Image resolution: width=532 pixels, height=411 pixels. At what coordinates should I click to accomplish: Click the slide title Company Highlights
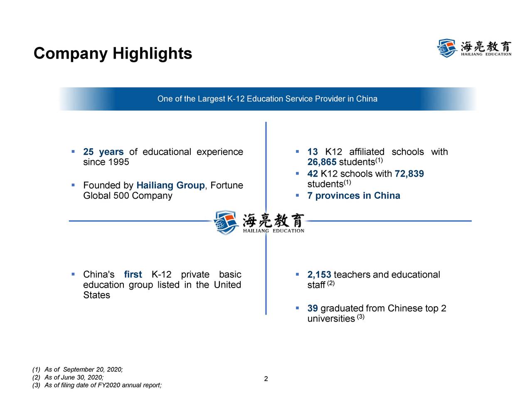(x=113, y=54)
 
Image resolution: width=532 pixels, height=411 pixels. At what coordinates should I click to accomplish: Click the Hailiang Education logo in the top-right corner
(x=474, y=48)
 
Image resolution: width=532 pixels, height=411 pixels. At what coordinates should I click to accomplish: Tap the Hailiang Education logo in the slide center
(x=259, y=222)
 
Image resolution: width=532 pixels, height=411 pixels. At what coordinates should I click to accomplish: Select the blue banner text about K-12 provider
(x=267, y=99)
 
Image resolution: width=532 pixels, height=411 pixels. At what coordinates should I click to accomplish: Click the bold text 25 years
(x=103, y=152)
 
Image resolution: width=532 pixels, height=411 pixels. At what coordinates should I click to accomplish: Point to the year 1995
(x=118, y=162)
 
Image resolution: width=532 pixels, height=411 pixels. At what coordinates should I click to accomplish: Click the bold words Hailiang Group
(x=170, y=185)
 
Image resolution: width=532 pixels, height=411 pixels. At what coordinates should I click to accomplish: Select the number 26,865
(x=322, y=162)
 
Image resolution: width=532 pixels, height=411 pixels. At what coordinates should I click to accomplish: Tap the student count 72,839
(x=409, y=174)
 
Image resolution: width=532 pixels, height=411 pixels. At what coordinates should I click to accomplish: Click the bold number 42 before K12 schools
(x=313, y=174)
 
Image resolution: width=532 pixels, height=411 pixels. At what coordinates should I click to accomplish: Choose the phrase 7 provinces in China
(x=354, y=196)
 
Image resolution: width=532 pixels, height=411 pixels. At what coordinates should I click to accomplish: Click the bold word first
(x=133, y=275)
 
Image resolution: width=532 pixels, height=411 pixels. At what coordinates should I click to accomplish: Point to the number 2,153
(x=319, y=275)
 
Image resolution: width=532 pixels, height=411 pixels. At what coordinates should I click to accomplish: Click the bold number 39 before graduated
(x=313, y=308)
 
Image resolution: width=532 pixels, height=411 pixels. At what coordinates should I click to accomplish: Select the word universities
(x=331, y=319)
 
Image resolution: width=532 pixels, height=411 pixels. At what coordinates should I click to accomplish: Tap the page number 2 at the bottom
(x=266, y=379)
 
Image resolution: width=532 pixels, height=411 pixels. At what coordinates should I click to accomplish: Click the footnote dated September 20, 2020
(x=78, y=369)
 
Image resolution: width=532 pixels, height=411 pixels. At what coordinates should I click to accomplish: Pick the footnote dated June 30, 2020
(x=68, y=377)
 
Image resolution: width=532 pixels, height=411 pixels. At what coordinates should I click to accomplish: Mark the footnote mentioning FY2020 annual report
(x=97, y=385)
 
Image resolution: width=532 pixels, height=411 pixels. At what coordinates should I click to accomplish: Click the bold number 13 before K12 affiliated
(x=313, y=152)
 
